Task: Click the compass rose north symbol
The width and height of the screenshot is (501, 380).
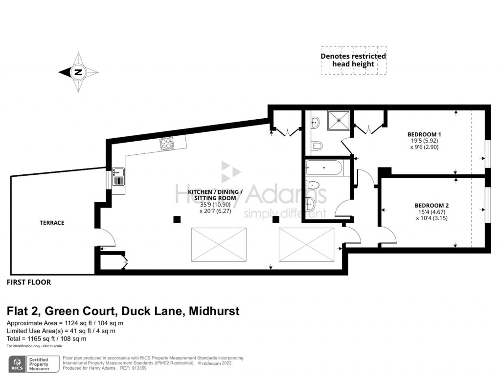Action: coord(78,72)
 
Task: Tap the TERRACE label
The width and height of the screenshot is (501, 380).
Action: coord(52,223)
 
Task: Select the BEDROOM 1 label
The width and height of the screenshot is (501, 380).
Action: coord(424,134)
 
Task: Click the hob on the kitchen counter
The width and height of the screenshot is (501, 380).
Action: coord(166,144)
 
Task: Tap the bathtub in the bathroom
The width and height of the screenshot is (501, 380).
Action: coord(324,169)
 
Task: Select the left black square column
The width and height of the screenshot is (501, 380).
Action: coord(176,219)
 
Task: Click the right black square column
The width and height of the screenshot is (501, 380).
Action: coord(275,219)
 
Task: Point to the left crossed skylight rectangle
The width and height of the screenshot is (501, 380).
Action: coord(218,245)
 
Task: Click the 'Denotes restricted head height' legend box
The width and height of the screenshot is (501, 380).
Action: coord(353,60)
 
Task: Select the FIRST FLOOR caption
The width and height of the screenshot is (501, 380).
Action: coord(29,282)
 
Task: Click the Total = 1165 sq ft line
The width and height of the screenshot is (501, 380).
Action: coord(46,338)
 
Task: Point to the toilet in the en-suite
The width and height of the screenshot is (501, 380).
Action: coord(317,145)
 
